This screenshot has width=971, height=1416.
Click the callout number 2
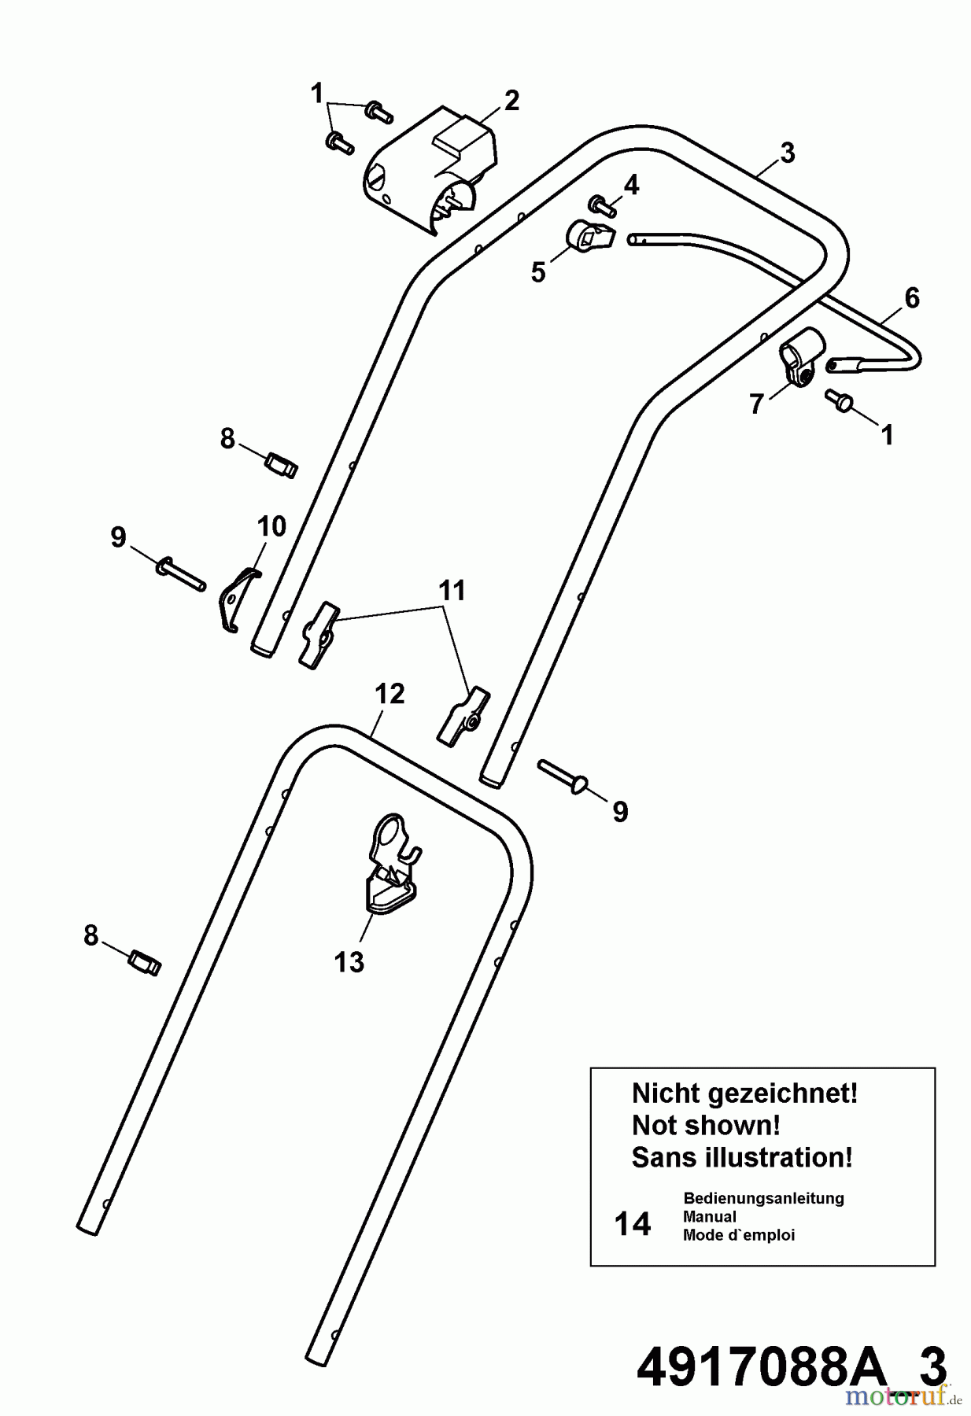click(x=511, y=101)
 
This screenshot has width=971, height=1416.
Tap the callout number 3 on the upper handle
click(x=788, y=153)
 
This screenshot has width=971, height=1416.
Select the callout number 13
click(x=349, y=961)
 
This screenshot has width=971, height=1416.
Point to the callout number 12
click(x=390, y=694)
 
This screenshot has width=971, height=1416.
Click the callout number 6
click(x=911, y=297)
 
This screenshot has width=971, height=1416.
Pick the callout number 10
click(x=272, y=526)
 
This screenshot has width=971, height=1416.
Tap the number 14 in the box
click(x=633, y=1224)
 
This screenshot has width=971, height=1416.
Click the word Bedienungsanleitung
click(x=763, y=1198)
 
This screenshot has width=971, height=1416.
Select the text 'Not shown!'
click(x=706, y=1125)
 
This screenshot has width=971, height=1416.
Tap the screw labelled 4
click(x=604, y=207)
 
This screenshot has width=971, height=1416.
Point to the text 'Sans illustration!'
click(x=742, y=1157)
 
